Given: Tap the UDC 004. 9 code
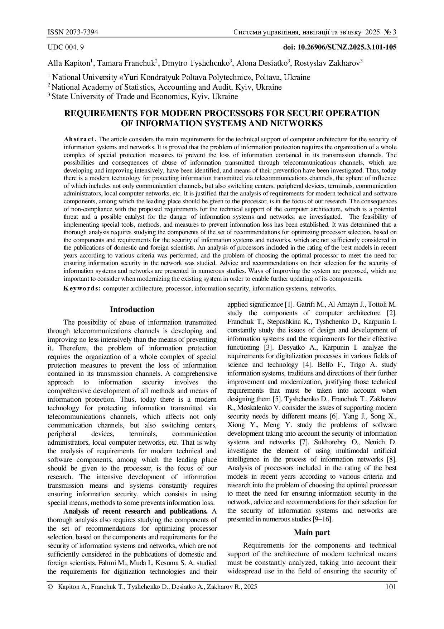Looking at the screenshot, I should (66, 47).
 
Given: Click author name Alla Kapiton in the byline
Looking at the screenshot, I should (69, 63).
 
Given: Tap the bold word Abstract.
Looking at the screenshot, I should (80, 139).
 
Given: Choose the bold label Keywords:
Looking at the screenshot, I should (82, 288).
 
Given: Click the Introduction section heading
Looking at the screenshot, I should (132, 309).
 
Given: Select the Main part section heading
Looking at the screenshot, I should (312, 533).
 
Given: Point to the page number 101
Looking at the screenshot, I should (390, 587).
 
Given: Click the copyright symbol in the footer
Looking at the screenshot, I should (50, 587).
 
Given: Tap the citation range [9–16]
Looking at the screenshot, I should (323, 519).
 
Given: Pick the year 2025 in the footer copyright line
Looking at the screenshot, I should (250, 587).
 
